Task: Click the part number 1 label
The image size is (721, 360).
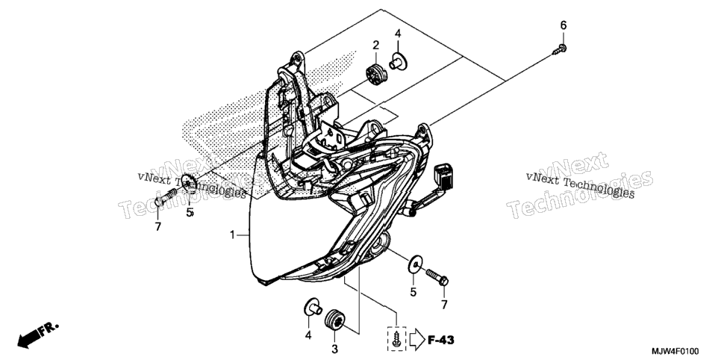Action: [x=233, y=235]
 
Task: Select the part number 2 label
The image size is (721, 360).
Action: [x=375, y=45]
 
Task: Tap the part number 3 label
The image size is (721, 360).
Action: [x=334, y=350]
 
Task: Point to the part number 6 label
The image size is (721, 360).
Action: [x=564, y=25]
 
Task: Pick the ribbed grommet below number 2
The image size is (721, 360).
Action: [x=375, y=74]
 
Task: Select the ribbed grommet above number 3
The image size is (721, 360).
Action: [x=334, y=320]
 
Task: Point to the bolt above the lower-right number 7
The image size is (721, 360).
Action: [x=437, y=276]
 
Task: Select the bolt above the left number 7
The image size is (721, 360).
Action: [x=166, y=197]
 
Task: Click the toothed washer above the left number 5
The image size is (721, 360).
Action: [x=189, y=184]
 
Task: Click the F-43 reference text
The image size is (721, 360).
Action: [x=441, y=340]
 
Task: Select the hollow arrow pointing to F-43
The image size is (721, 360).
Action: [x=416, y=339]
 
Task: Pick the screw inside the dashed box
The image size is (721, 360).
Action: [x=396, y=337]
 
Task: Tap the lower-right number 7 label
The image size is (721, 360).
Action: [x=444, y=304]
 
